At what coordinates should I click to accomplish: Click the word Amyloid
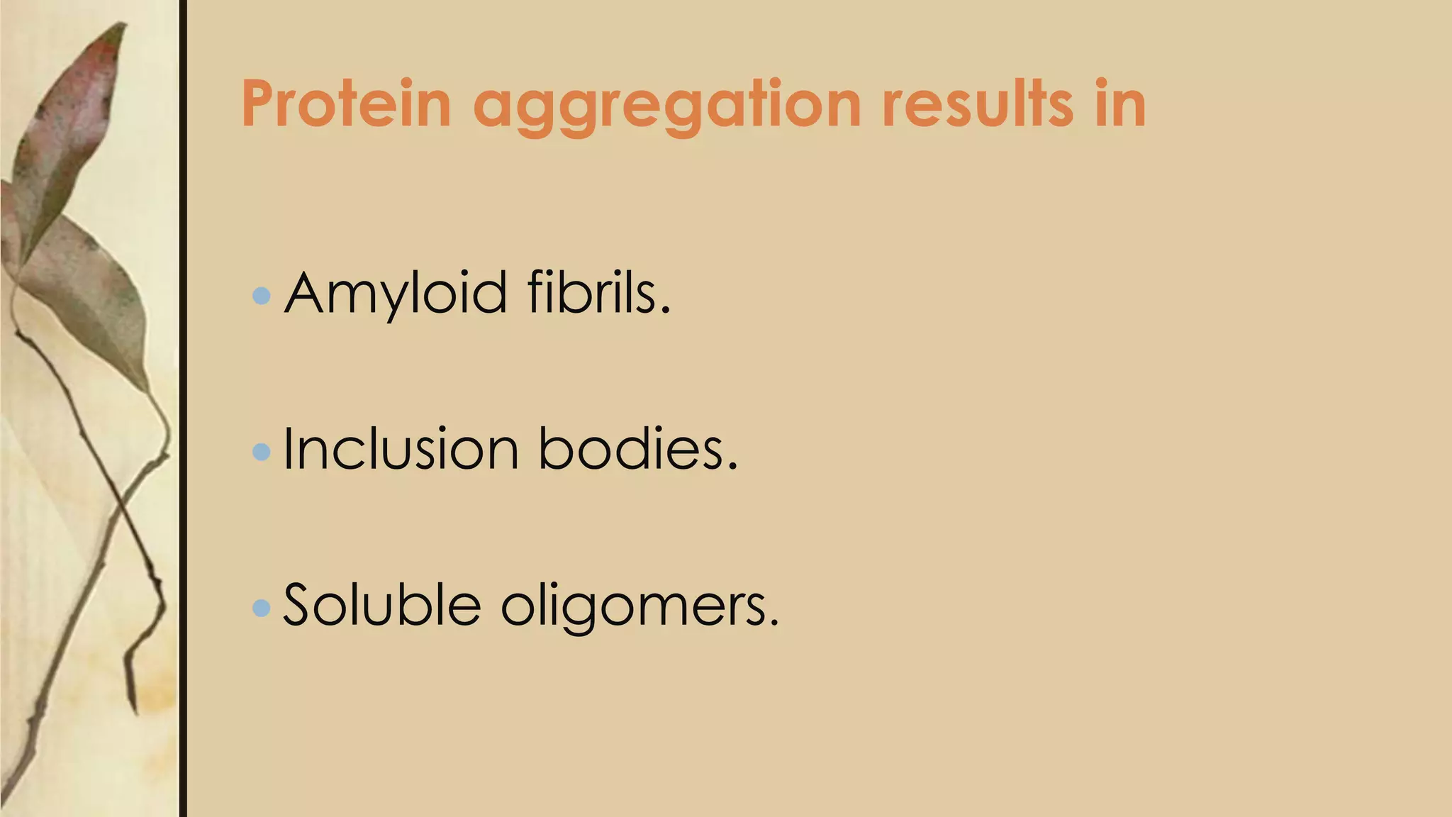[x=396, y=293]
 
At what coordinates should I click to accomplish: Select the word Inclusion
[x=401, y=449]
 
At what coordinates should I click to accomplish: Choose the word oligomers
[x=633, y=608]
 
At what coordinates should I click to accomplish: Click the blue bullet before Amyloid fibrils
[x=262, y=295]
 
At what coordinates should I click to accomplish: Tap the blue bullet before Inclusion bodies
[x=262, y=451]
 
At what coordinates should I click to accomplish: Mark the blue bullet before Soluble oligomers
[x=262, y=607]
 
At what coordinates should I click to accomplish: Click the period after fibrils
[x=665, y=311]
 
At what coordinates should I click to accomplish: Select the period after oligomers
[x=774, y=623]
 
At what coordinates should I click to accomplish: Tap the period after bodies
[x=732, y=467]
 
